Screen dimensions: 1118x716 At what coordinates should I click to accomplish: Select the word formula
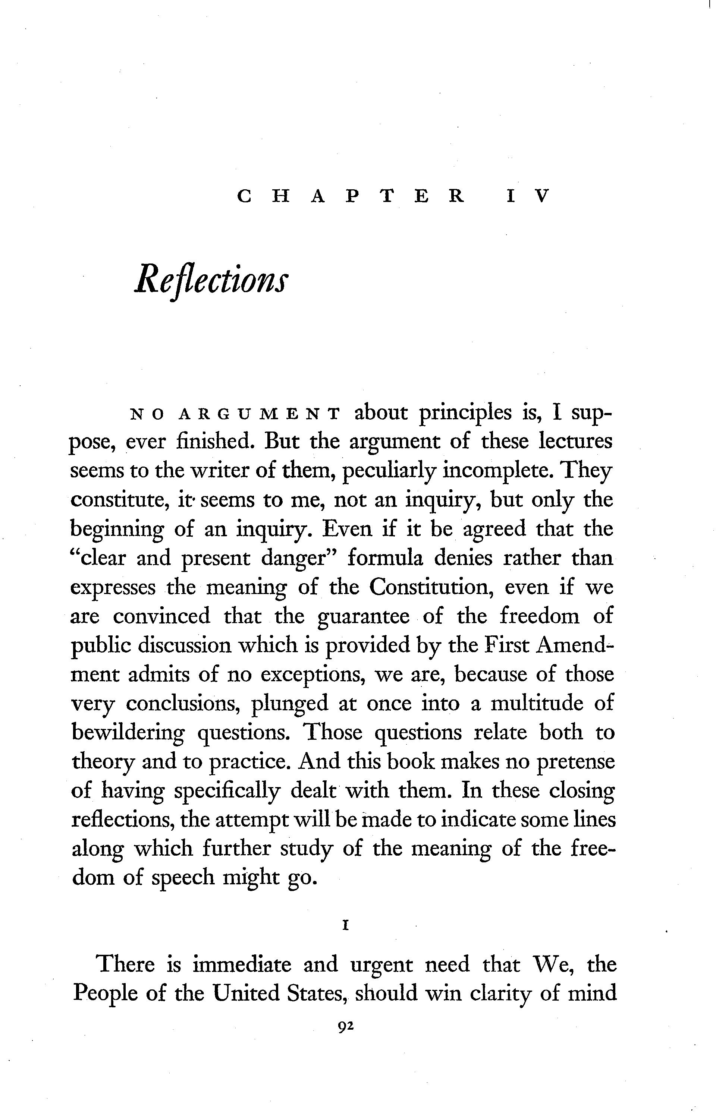[386, 558]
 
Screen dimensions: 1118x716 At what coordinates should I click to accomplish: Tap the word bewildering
[128, 733]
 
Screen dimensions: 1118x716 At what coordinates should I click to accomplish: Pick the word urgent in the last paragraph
[381, 965]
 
